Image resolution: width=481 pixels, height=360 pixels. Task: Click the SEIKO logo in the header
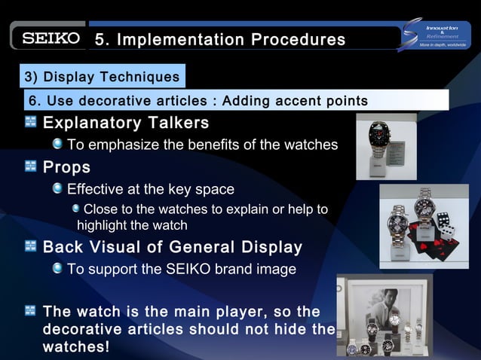(x=50, y=38)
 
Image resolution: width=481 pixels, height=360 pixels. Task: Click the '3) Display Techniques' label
(x=102, y=77)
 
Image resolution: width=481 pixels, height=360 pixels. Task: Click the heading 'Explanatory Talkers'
(x=126, y=123)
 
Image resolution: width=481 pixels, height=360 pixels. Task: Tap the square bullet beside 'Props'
(x=31, y=166)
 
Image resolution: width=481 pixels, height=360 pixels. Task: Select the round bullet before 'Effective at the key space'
(x=58, y=188)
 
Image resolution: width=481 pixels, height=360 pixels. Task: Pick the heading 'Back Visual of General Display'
(x=173, y=247)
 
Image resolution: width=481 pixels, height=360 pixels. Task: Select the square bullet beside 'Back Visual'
(x=31, y=246)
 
